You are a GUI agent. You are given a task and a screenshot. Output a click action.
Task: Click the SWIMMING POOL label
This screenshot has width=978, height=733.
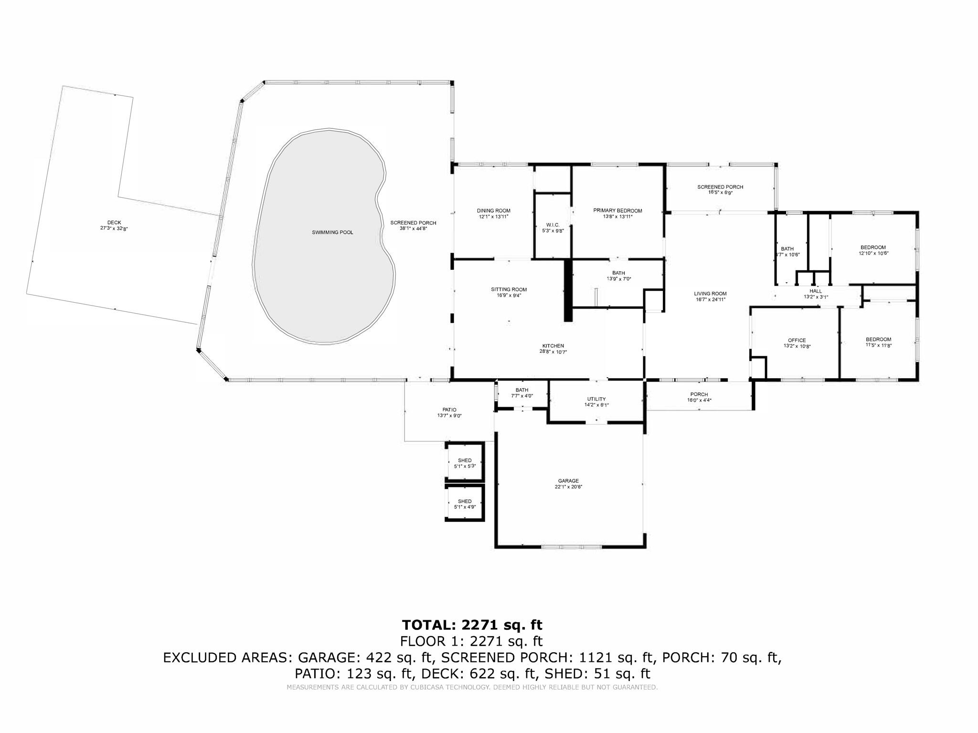pyautogui.click(x=332, y=233)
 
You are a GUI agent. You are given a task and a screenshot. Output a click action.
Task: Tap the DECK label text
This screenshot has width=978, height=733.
pyautogui.click(x=114, y=223)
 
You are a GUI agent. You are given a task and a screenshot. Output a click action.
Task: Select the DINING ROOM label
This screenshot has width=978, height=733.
pyautogui.click(x=493, y=211)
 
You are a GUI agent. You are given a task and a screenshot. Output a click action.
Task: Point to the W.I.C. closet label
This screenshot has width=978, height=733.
pyautogui.click(x=553, y=225)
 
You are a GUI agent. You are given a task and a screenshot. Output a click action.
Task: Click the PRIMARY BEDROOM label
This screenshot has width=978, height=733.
pyautogui.click(x=617, y=211)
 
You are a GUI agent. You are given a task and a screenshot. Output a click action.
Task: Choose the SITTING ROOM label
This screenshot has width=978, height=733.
pyautogui.click(x=509, y=289)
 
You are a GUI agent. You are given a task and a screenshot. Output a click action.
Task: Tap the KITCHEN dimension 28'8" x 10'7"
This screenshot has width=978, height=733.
pyautogui.click(x=553, y=352)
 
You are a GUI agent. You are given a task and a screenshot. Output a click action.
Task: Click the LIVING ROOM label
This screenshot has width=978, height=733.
pyautogui.click(x=710, y=294)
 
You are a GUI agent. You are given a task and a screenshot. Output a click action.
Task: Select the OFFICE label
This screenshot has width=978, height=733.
pyautogui.click(x=797, y=340)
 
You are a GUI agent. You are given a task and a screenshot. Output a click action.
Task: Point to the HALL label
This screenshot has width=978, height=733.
pyautogui.click(x=816, y=291)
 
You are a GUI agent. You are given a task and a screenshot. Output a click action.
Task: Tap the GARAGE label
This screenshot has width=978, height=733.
pyautogui.click(x=568, y=481)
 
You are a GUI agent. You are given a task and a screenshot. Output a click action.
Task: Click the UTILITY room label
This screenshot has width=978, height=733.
pyautogui.click(x=596, y=399)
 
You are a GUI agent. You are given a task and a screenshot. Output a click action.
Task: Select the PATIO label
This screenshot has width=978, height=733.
pyautogui.click(x=449, y=410)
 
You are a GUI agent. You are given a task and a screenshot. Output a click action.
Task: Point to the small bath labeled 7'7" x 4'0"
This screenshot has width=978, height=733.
pyautogui.click(x=522, y=390)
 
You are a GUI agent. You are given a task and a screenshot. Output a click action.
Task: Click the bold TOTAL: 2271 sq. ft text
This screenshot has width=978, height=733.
pyautogui.click(x=472, y=625)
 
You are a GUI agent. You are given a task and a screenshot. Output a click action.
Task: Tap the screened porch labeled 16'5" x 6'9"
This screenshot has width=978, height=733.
pyautogui.click(x=720, y=187)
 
